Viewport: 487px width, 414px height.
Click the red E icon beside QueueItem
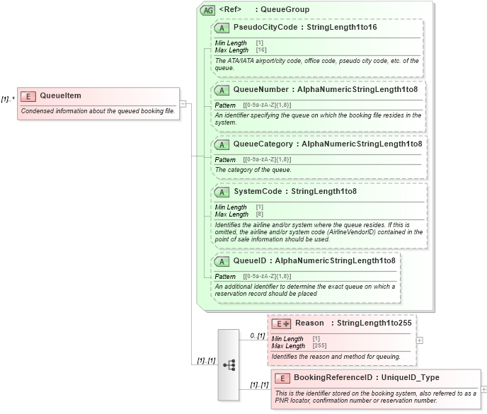click(x=29, y=96)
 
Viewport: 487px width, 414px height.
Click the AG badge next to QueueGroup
click(x=208, y=10)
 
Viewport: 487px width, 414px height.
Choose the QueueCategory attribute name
click(x=263, y=144)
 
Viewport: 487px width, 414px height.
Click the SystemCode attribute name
click(x=257, y=191)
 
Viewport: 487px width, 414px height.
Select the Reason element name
click(x=309, y=323)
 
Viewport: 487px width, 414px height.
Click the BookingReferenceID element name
click(x=333, y=378)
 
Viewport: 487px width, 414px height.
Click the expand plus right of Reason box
click(x=420, y=340)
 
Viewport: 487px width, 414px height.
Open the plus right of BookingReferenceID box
click(x=483, y=389)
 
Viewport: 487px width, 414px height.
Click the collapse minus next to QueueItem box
click(x=183, y=104)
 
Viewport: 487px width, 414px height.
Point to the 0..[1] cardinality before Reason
click(x=257, y=335)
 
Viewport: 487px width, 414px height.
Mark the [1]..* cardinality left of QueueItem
click(x=8, y=99)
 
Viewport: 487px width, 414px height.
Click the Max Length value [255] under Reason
click(x=319, y=346)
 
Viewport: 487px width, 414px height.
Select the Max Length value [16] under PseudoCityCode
click(x=260, y=50)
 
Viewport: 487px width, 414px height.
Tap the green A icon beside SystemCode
click(x=222, y=192)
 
